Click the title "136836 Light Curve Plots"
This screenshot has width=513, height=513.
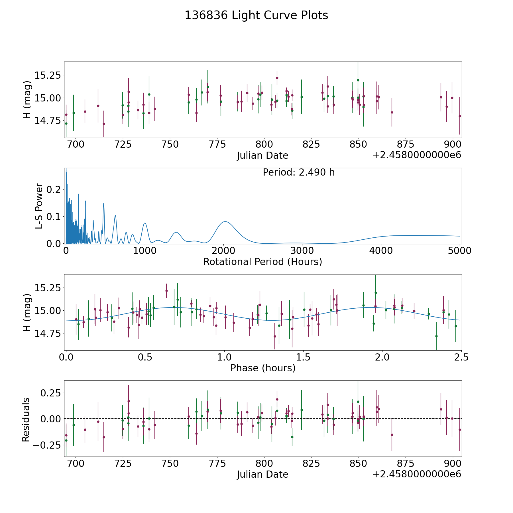(x=256, y=15)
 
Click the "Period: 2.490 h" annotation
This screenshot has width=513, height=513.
(x=298, y=172)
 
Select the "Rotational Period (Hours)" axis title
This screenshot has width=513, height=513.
(x=262, y=262)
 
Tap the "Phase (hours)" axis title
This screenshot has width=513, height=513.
(x=263, y=368)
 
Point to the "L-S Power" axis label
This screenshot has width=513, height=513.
(x=39, y=206)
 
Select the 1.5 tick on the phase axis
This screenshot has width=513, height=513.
(x=303, y=357)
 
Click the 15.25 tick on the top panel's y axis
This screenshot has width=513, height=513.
(x=48, y=76)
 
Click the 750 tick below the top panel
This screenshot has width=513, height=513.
(x=170, y=144)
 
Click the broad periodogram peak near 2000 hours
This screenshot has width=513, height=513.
(x=225, y=221)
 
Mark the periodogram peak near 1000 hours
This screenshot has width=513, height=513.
(x=145, y=223)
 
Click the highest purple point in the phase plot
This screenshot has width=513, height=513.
(x=166, y=291)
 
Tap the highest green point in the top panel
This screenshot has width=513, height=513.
(x=358, y=80)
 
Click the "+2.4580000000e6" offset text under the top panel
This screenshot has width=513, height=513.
(x=417, y=155)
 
